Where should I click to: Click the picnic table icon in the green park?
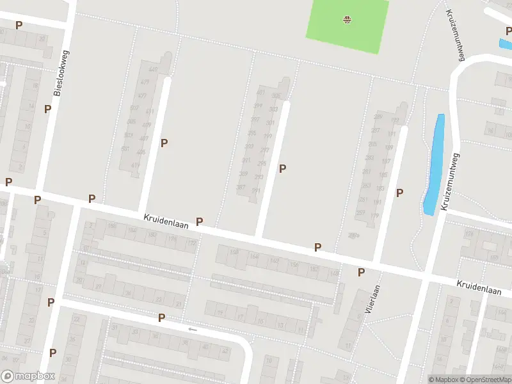coord(346,19)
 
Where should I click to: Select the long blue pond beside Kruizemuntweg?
coord(434,164)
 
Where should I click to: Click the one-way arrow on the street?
coord(192,329)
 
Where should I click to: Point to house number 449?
coord(153,69)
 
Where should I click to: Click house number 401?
coord(260,93)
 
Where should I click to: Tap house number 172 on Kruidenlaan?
coord(191,243)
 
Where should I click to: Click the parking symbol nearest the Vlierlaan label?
coord(361,272)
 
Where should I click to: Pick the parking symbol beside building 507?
coord(164,143)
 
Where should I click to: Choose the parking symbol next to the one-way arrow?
coord(161,317)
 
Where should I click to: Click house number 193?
coord(394,121)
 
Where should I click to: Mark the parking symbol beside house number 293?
coord(282,168)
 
